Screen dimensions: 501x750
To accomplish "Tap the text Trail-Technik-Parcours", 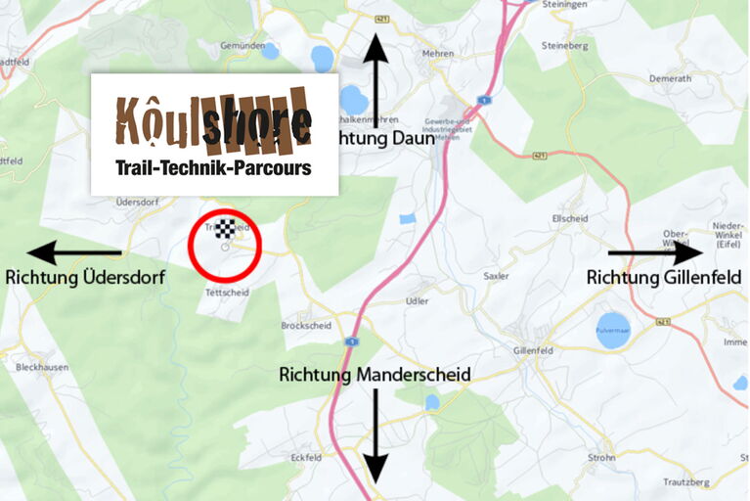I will (213, 168).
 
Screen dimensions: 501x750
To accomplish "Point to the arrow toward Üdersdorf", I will (74, 253).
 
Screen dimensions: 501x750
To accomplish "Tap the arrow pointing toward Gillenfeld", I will (655, 252).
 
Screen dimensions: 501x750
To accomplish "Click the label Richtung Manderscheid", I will (375, 375).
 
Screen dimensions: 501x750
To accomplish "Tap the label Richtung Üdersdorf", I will (85, 278).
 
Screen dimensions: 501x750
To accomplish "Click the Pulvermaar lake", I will (613, 327).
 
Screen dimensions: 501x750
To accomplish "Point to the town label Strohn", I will (601, 457).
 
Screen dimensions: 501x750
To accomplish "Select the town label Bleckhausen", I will (40, 368).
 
